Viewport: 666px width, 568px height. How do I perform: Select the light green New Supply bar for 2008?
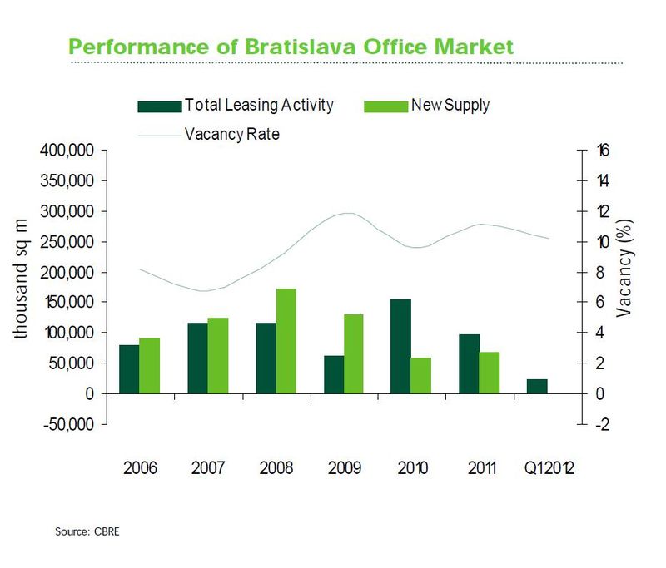point(286,341)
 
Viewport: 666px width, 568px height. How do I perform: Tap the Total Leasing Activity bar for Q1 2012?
point(538,386)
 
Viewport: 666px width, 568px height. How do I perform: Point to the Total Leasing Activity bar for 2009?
point(333,374)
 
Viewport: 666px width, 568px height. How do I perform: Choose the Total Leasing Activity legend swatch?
point(159,106)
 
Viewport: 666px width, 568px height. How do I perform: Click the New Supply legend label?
point(450,105)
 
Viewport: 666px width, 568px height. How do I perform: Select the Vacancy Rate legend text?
point(231,133)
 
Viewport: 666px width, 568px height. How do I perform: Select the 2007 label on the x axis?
point(208,467)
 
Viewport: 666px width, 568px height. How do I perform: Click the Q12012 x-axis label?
point(549,467)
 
